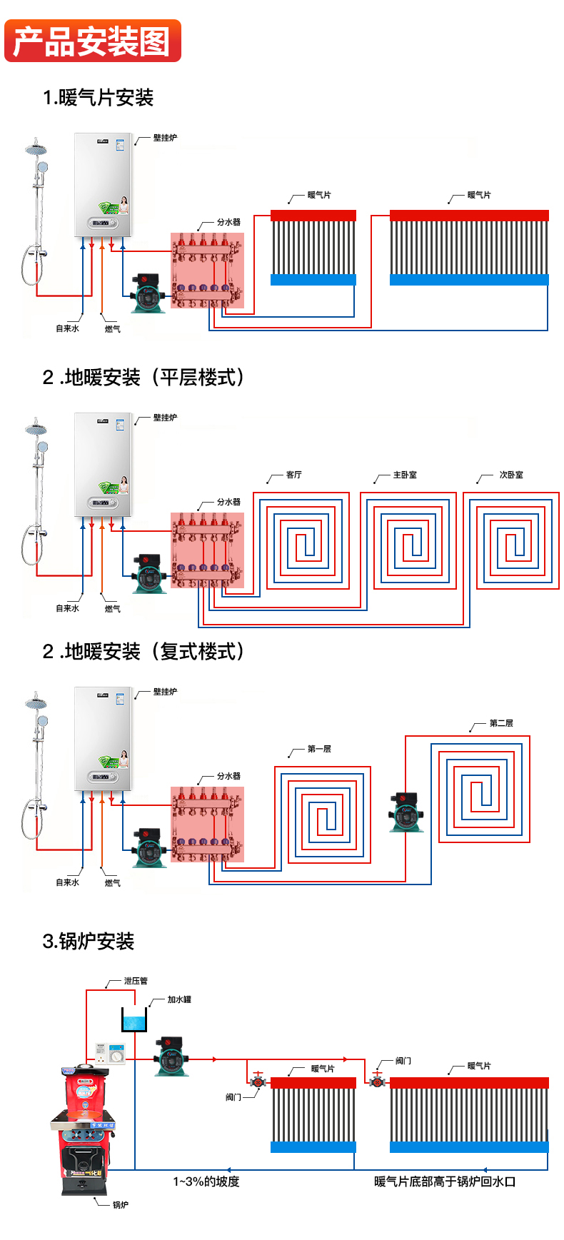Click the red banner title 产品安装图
click(x=92, y=41)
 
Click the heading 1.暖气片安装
click(x=98, y=98)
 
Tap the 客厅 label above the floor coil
click(x=293, y=475)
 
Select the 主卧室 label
click(x=405, y=475)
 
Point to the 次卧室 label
click(x=510, y=475)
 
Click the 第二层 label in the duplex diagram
click(x=501, y=723)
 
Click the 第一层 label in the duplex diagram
click(x=319, y=749)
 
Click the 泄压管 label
click(x=135, y=981)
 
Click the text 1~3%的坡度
click(x=206, y=1181)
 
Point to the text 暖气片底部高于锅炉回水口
click(x=445, y=1181)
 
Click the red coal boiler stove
click(x=84, y=1128)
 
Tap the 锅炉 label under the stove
click(x=121, y=1205)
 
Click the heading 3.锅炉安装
click(x=89, y=942)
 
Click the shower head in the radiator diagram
click(x=36, y=150)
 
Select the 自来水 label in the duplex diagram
click(x=68, y=882)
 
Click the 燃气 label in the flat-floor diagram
click(x=113, y=609)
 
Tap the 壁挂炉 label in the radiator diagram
click(x=165, y=138)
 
